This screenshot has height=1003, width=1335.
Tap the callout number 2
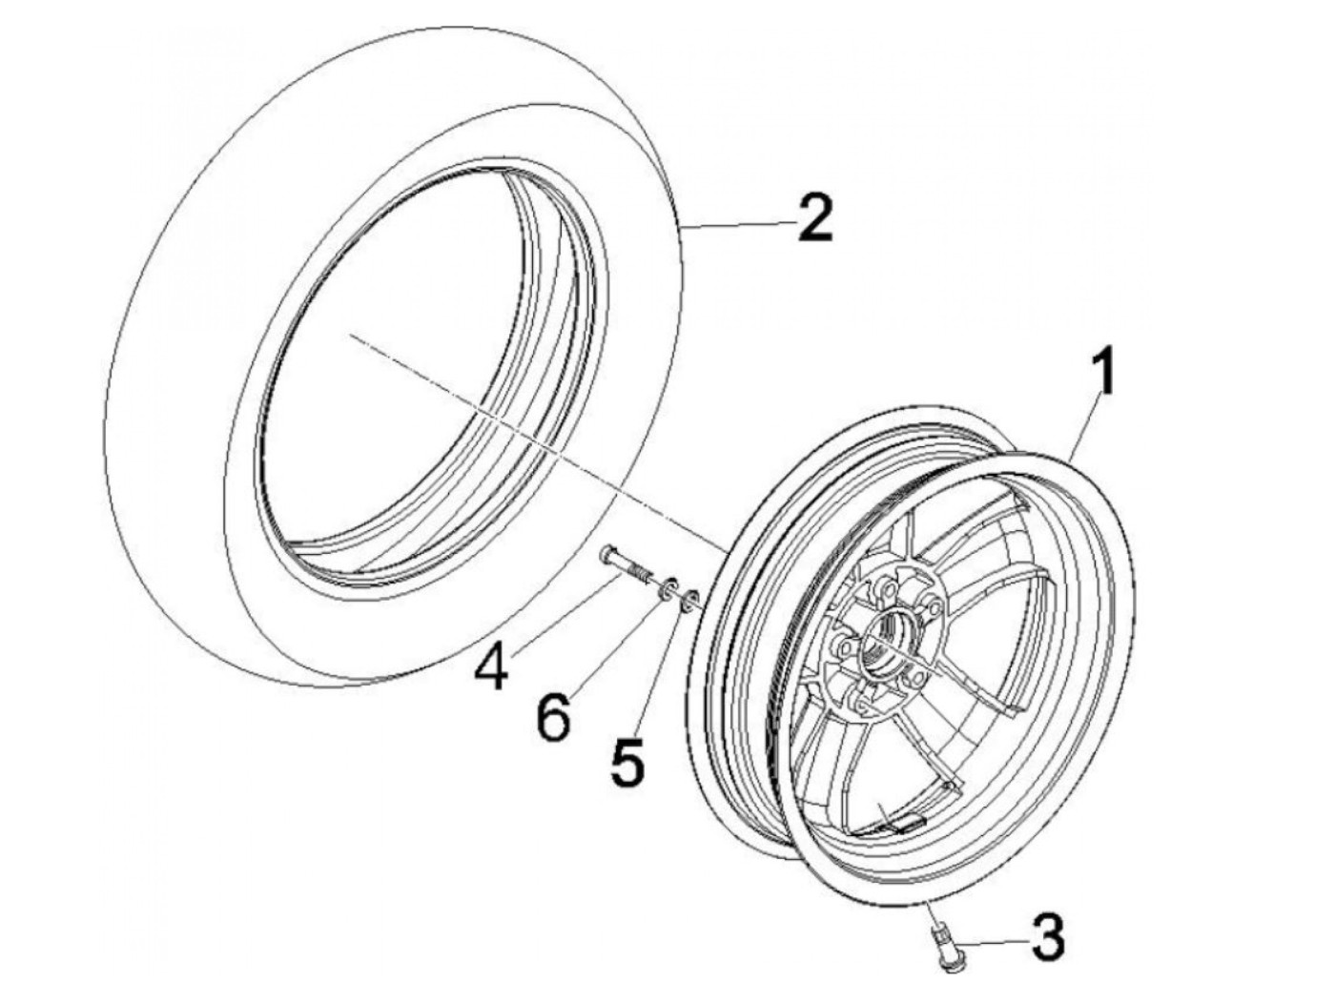816,218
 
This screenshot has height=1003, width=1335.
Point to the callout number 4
493,666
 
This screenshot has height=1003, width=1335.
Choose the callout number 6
554,714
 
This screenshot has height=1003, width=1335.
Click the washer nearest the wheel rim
688,600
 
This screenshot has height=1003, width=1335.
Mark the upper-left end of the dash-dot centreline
350,335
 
